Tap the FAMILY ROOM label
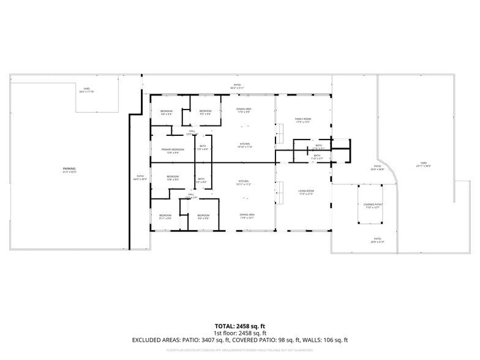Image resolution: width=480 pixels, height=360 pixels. click(303, 119)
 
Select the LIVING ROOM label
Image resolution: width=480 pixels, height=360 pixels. click(306, 192)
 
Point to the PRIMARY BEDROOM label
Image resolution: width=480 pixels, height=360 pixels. click(173, 149)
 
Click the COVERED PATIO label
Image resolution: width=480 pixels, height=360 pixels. click(373, 204)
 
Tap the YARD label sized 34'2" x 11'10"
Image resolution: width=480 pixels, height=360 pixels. click(87, 89)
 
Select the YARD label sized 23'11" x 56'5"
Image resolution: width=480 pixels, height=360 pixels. click(424, 163)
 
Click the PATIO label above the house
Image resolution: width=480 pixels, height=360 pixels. click(237, 85)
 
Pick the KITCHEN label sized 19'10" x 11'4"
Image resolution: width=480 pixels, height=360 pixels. click(244, 144)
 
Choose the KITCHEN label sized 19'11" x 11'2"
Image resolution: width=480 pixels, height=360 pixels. click(244, 182)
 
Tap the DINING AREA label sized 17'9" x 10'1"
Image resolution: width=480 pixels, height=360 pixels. click(247, 215)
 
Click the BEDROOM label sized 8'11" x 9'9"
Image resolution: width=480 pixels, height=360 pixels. click(165, 216)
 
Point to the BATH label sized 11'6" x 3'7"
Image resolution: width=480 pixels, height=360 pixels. click(317, 156)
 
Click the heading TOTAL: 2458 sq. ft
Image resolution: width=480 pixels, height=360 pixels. click(240, 326)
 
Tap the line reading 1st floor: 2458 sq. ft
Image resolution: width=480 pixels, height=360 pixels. click(240, 332)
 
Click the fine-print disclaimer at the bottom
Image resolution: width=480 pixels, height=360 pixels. click(240, 350)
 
